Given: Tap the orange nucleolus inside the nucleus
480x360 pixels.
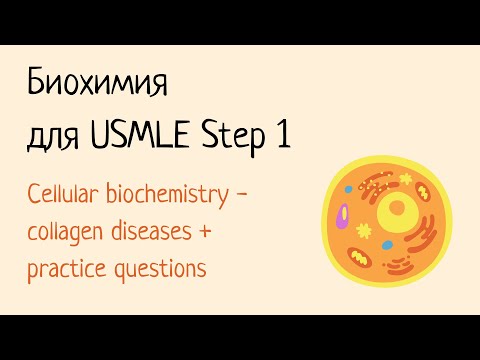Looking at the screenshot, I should coord(396,207).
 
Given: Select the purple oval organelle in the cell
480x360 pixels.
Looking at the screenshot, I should coord(342,215).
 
